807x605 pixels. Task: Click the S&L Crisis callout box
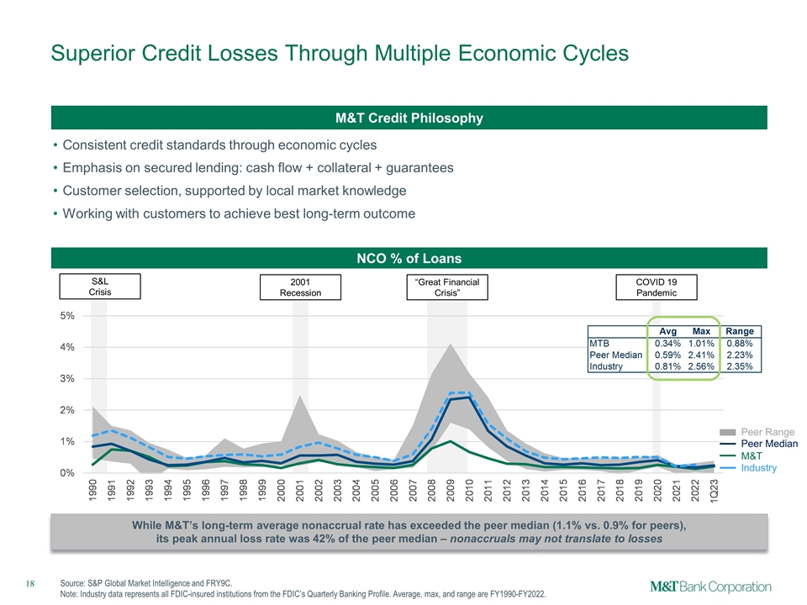tap(100, 286)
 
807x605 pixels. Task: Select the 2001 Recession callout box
tap(300, 287)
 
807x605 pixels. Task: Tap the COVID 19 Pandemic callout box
tap(657, 287)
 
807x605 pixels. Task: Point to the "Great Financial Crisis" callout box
tap(446, 287)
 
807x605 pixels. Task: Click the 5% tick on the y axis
tap(65, 316)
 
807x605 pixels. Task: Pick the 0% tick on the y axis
tap(65, 473)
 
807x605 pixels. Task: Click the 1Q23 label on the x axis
tap(714, 493)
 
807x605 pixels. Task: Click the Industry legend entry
tap(758, 467)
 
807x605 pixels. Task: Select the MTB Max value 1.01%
tap(701, 343)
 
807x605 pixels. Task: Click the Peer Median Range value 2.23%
tap(740, 355)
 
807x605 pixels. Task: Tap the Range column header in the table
tap(740, 331)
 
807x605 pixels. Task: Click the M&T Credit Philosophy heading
tap(409, 118)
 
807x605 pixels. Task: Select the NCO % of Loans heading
tap(409, 258)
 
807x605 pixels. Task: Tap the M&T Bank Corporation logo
tap(710, 586)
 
